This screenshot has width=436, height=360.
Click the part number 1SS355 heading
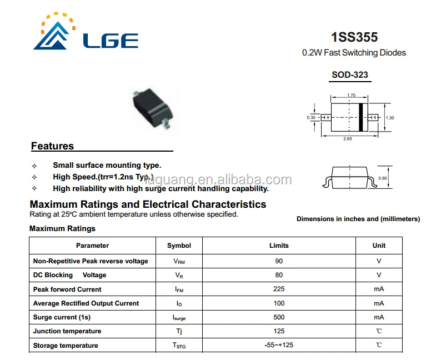354,38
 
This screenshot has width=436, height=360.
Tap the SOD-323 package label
350,75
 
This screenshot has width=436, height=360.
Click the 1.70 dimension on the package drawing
351,96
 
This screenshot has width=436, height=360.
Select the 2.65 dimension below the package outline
348,139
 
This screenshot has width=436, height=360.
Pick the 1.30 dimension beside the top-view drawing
390,118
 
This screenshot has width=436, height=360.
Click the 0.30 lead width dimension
311,118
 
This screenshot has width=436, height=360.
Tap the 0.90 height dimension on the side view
383,178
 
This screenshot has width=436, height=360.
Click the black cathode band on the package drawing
360,117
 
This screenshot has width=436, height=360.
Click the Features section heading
52,146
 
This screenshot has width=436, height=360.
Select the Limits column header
279,246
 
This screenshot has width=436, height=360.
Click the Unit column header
379,246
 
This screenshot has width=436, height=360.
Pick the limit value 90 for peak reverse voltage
279,261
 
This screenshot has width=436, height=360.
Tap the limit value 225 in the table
279,289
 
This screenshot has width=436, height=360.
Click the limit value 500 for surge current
279,317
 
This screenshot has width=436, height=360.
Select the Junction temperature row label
67,331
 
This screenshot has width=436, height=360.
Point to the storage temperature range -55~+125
279,346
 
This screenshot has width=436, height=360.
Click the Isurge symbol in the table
179,318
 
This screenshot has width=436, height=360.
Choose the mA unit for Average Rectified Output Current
379,303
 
